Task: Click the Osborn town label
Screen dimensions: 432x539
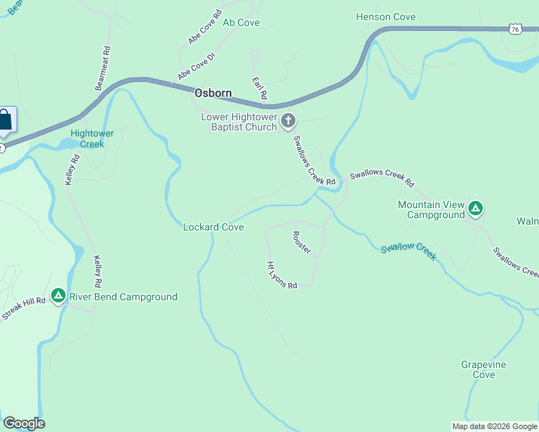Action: [x=213, y=94]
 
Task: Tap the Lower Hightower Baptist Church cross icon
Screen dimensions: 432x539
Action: [x=288, y=121]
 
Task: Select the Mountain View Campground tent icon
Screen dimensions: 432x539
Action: [x=475, y=210]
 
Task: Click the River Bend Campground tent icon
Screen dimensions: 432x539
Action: [x=58, y=296]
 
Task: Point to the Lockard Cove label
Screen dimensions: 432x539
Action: [x=213, y=228]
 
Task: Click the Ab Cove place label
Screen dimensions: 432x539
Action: [x=241, y=23]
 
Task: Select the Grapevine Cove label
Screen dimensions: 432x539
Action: [x=484, y=369]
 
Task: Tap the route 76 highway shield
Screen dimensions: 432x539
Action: [x=514, y=28]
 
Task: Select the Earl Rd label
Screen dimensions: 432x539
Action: [x=259, y=88]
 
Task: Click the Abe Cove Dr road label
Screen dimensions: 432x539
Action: [x=197, y=65]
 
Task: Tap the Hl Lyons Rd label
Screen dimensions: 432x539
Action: [x=282, y=275]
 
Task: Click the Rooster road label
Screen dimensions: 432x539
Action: [x=301, y=243]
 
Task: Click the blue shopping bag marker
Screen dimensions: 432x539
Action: [x=4, y=120]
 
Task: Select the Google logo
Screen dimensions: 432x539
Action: [x=24, y=423]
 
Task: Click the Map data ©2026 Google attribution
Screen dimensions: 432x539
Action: [x=494, y=426]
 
